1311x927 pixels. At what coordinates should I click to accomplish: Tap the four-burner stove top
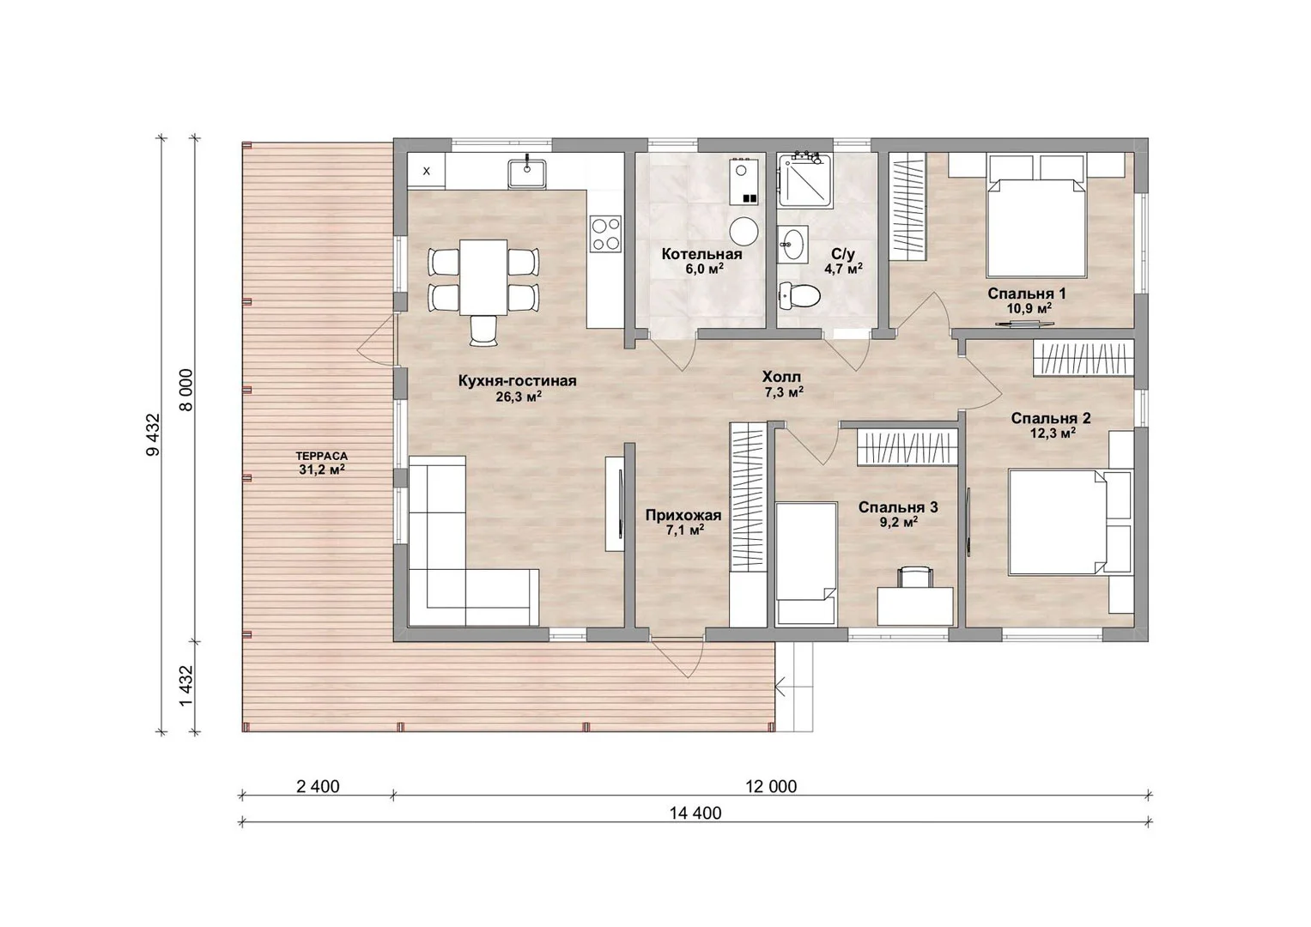pyautogui.click(x=605, y=234)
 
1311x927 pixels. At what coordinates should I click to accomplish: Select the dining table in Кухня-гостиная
pyautogui.click(x=483, y=277)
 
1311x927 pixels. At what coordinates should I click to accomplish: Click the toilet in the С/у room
pyautogui.click(x=799, y=294)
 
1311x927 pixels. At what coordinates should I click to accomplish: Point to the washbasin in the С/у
pyautogui.click(x=793, y=244)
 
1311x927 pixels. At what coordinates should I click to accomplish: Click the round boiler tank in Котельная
pyautogui.click(x=744, y=232)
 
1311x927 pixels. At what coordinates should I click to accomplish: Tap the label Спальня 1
pyautogui.click(x=1027, y=294)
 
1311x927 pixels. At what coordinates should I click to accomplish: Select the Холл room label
pyautogui.click(x=781, y=377)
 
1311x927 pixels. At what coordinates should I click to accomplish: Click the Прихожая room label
pyautogui.click(x=683, y=516)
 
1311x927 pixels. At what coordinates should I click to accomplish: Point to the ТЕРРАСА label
pyautogui.click(x=321, y=456)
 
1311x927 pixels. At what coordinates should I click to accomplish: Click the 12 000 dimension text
pyautogui.click(x=771, y=786)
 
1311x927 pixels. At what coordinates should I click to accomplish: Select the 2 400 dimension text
pyautogui.click(x=318, y=786)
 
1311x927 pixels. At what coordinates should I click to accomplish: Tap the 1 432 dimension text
pyautogui.click(x=186, y=687)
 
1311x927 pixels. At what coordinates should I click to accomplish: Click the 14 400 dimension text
pyautogui.click(x=695, y=814)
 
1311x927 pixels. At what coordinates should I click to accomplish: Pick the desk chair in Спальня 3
pyautogui.click(x=914, y=576)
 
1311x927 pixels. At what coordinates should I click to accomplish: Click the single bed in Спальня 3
pyautogui.click(x=805, y=562)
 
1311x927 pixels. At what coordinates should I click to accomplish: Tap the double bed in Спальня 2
pyautogui.click(x=1059, y=522)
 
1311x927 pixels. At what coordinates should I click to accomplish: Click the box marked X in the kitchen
pyautogui.click(x=426, y=171)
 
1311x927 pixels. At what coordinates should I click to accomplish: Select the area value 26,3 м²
pyautogui.click(x=518, y=397)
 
